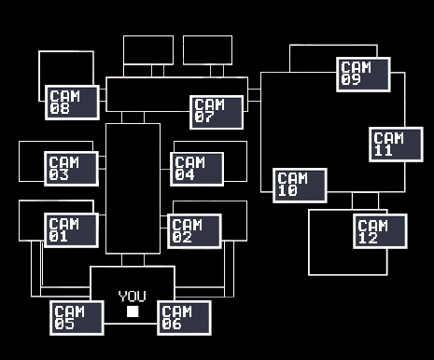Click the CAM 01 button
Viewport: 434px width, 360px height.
click(x=71, y=229)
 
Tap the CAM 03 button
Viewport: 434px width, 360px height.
click(x=71, y=168)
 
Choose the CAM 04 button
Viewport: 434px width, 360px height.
click(x=197, y=169)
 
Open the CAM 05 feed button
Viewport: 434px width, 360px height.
click(x=77, y=317)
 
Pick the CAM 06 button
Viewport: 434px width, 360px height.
click(x=184, y=317)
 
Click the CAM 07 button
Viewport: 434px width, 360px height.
click(x=217, y=112)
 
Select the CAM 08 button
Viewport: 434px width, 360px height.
click(x=71, y=102)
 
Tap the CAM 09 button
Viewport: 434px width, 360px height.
click(x=363, y=74)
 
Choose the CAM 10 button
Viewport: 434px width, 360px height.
click(x=300, y=185)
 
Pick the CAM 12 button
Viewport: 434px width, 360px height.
click(x=380, y=231)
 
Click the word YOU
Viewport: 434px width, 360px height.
click(x=133, y=296)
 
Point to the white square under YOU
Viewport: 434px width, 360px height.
click(x=133, y=311)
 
